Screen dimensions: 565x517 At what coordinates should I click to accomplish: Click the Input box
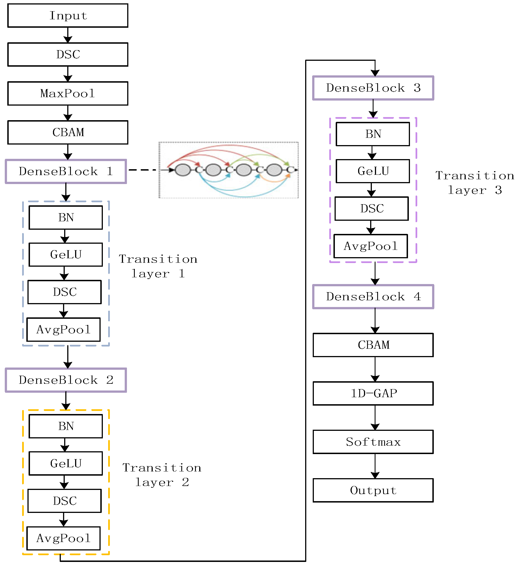pos(68,15)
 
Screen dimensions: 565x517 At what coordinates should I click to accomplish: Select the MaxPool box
pos(68,93)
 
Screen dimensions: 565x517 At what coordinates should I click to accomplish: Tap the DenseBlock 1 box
pos(66,171)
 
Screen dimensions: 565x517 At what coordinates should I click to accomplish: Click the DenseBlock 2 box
pos(66,380)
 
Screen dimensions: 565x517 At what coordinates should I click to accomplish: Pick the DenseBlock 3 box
pos(373,88)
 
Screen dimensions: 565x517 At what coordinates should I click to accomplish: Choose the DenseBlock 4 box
pos(373,297)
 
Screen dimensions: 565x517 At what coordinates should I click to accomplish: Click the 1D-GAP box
pos(373,393)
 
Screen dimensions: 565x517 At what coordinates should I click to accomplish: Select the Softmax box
pos(373,442)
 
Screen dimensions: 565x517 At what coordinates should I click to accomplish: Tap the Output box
pos(373,490)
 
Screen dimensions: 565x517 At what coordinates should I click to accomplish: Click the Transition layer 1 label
pos(158,266)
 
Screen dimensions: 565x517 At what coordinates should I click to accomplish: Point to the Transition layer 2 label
pos(162,475)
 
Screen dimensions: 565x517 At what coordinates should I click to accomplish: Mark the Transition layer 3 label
pos(474,183)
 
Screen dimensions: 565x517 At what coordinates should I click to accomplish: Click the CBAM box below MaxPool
pos(68,132)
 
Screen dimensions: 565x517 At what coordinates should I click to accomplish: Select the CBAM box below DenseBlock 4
pos(373,345)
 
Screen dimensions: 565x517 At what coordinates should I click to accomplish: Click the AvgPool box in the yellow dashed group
pos(64,538)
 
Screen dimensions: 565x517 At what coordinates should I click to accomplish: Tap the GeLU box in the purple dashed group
pos(373,171)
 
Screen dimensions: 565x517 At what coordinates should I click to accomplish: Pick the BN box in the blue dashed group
pos(66,217)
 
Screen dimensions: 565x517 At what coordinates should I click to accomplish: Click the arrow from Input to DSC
pos(68,35)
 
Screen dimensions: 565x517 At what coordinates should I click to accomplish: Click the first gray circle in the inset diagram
pos(183,170)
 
